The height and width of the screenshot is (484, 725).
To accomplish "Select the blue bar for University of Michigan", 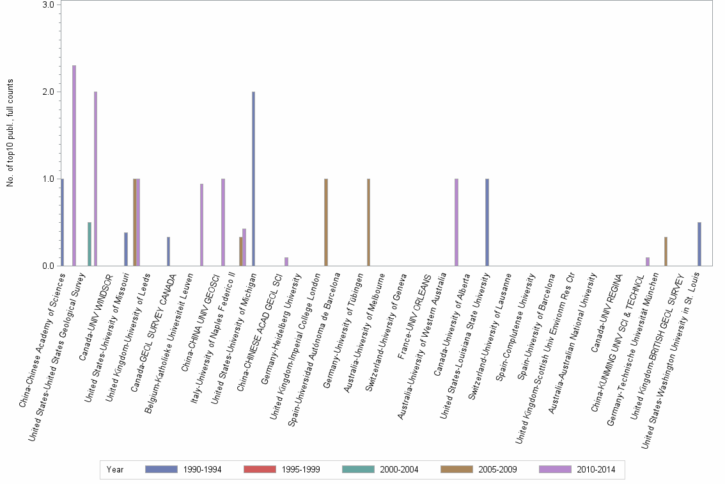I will click(253, 179).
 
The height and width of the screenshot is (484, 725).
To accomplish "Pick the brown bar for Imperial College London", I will click(326, 222).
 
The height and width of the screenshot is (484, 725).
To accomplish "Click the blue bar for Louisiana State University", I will click(487, 222).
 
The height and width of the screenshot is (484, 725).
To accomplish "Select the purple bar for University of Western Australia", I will click(456, 222).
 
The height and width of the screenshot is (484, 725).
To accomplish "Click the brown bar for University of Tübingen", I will click(368, 222).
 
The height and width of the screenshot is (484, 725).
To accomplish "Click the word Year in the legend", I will click(116, 470).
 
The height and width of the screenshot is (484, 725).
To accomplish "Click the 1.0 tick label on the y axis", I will click(49, 179).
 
